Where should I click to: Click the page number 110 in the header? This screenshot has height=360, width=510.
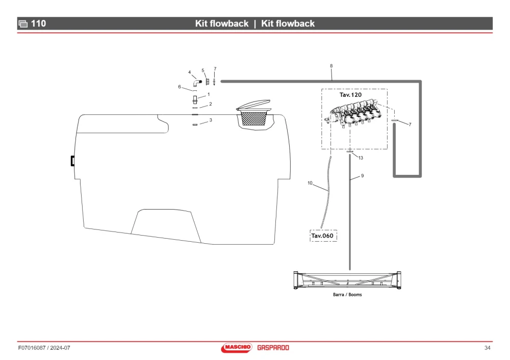click(x=38, y=23)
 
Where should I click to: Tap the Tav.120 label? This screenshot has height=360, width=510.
click(x=350, y=95)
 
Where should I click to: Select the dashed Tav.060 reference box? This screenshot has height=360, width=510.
click(x=323, y=236)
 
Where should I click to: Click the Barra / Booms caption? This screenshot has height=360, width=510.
click(x=347, y=295)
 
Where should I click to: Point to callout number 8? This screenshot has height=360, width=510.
click(x=331, y=66)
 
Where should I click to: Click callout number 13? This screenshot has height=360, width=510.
click(x=361, y=158)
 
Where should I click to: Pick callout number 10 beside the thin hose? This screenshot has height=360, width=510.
click(x=310, y=183)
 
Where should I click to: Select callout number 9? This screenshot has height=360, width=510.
click(x=362, y=175)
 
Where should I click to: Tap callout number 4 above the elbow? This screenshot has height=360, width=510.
click(x=189, y=72)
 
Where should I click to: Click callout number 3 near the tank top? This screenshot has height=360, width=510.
click(x=211, y=120)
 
